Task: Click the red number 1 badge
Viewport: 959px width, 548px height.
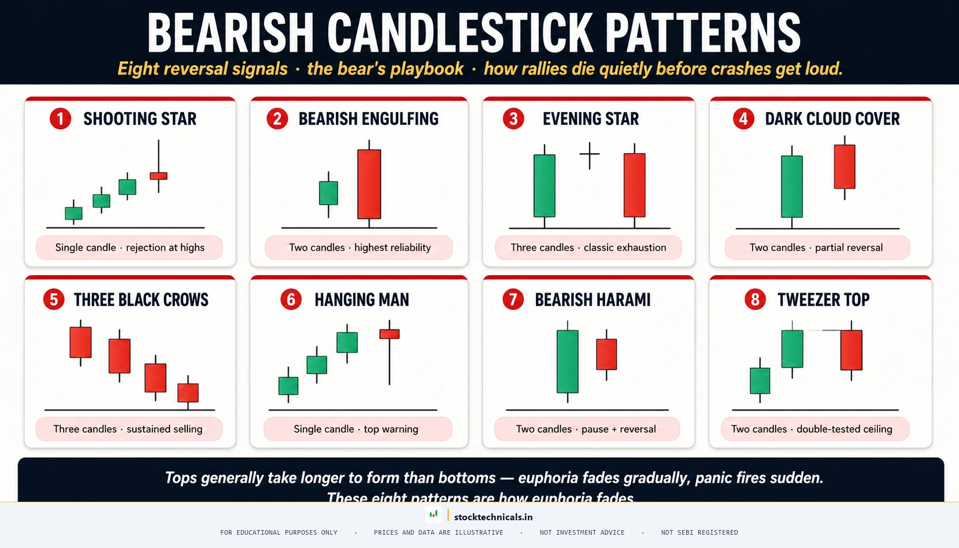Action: pyautogui.click(x=60, y=119)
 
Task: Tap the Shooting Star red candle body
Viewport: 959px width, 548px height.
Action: pyautogui.click(x=158, y=176)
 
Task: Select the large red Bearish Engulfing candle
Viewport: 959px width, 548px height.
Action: pyautogui.click(x=369, y=184)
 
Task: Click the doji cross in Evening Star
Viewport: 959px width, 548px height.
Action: pyautogui.click(x=590, y=154)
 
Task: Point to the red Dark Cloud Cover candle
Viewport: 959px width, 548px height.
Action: pyautogui.click(x=845, y=166)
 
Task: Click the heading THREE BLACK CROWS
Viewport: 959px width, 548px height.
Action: pyautogui.click(x=141, y=299)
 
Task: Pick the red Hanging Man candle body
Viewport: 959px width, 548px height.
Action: pyautogui.click(x=389, y=334)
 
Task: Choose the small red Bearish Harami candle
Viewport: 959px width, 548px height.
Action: pyautogui.click(x=606, y=354)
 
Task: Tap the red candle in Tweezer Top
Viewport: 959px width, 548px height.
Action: pyautogui.click(x=851, y=350)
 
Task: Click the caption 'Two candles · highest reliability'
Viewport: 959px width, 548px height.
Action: pyautogui.click(x=360, y=247)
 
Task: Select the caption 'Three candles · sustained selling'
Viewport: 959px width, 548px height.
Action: pyautogui.click(x=128, y=429)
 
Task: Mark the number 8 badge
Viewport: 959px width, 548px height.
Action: pyautogui.click(x=755, y=299)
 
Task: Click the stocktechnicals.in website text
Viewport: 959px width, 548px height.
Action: pyautogui.click(x=493, y=517)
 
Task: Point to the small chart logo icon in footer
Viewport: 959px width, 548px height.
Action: pyautogui.click(x=434, y=514)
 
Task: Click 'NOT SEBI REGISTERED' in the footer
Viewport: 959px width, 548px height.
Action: pyautogui.click(x=699, y=532)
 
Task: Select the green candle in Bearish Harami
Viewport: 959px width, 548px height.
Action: pyautogui.click(x=568, y=361)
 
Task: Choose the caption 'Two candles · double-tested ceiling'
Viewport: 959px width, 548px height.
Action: pyautogui.click(x=812, y=429)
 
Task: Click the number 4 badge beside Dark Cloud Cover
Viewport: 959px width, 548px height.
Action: pyautogui.click(x=743, y=119)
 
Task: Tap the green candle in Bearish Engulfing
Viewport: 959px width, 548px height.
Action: pyautogui.click(x=328, y=193)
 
